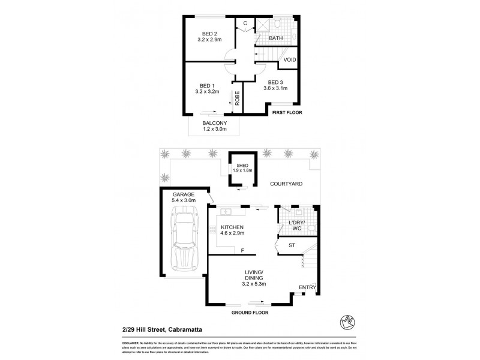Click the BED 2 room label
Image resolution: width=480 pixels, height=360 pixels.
208,33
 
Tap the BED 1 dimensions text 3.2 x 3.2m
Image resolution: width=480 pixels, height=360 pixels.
208,92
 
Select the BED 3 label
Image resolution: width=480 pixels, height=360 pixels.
275,82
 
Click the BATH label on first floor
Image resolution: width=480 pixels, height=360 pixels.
276,38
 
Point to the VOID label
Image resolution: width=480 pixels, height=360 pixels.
289,60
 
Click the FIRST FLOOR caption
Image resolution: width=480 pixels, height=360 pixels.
287,112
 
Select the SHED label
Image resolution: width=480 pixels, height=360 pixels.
242,165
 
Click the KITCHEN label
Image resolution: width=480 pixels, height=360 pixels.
231,227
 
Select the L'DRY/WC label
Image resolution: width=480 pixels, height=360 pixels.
297,226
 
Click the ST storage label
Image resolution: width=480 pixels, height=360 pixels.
292,245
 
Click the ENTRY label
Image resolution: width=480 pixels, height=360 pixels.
307,287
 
